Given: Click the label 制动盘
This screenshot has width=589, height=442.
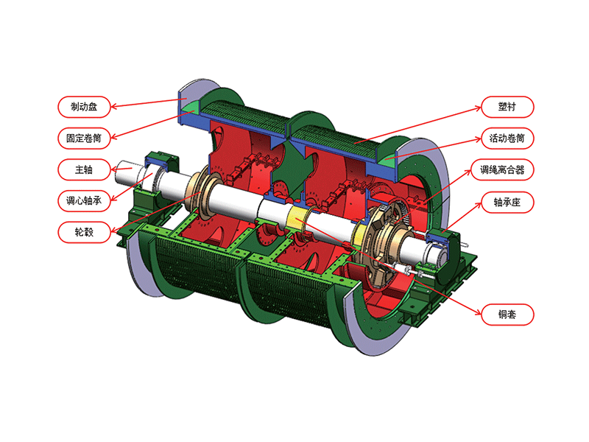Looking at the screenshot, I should tap(84, 106).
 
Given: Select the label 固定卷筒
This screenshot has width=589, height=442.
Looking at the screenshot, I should tap(84, 138).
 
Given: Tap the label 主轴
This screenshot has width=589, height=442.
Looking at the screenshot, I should tap(84, 169).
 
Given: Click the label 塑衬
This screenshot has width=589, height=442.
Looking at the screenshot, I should tap(507, 106).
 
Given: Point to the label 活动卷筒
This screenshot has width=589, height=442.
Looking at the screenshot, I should tap(507, 138).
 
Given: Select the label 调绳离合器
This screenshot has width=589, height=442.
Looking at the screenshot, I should tap(507, 169).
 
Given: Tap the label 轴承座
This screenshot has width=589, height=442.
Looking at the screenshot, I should tap(507, 201).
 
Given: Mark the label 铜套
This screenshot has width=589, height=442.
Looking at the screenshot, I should tap(507, 316).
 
